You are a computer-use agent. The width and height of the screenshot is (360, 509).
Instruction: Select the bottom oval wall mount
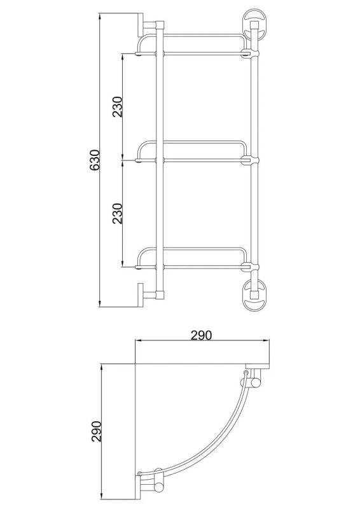click(254, 293)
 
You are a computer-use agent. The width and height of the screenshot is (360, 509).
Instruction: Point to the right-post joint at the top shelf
click(254, 53)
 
